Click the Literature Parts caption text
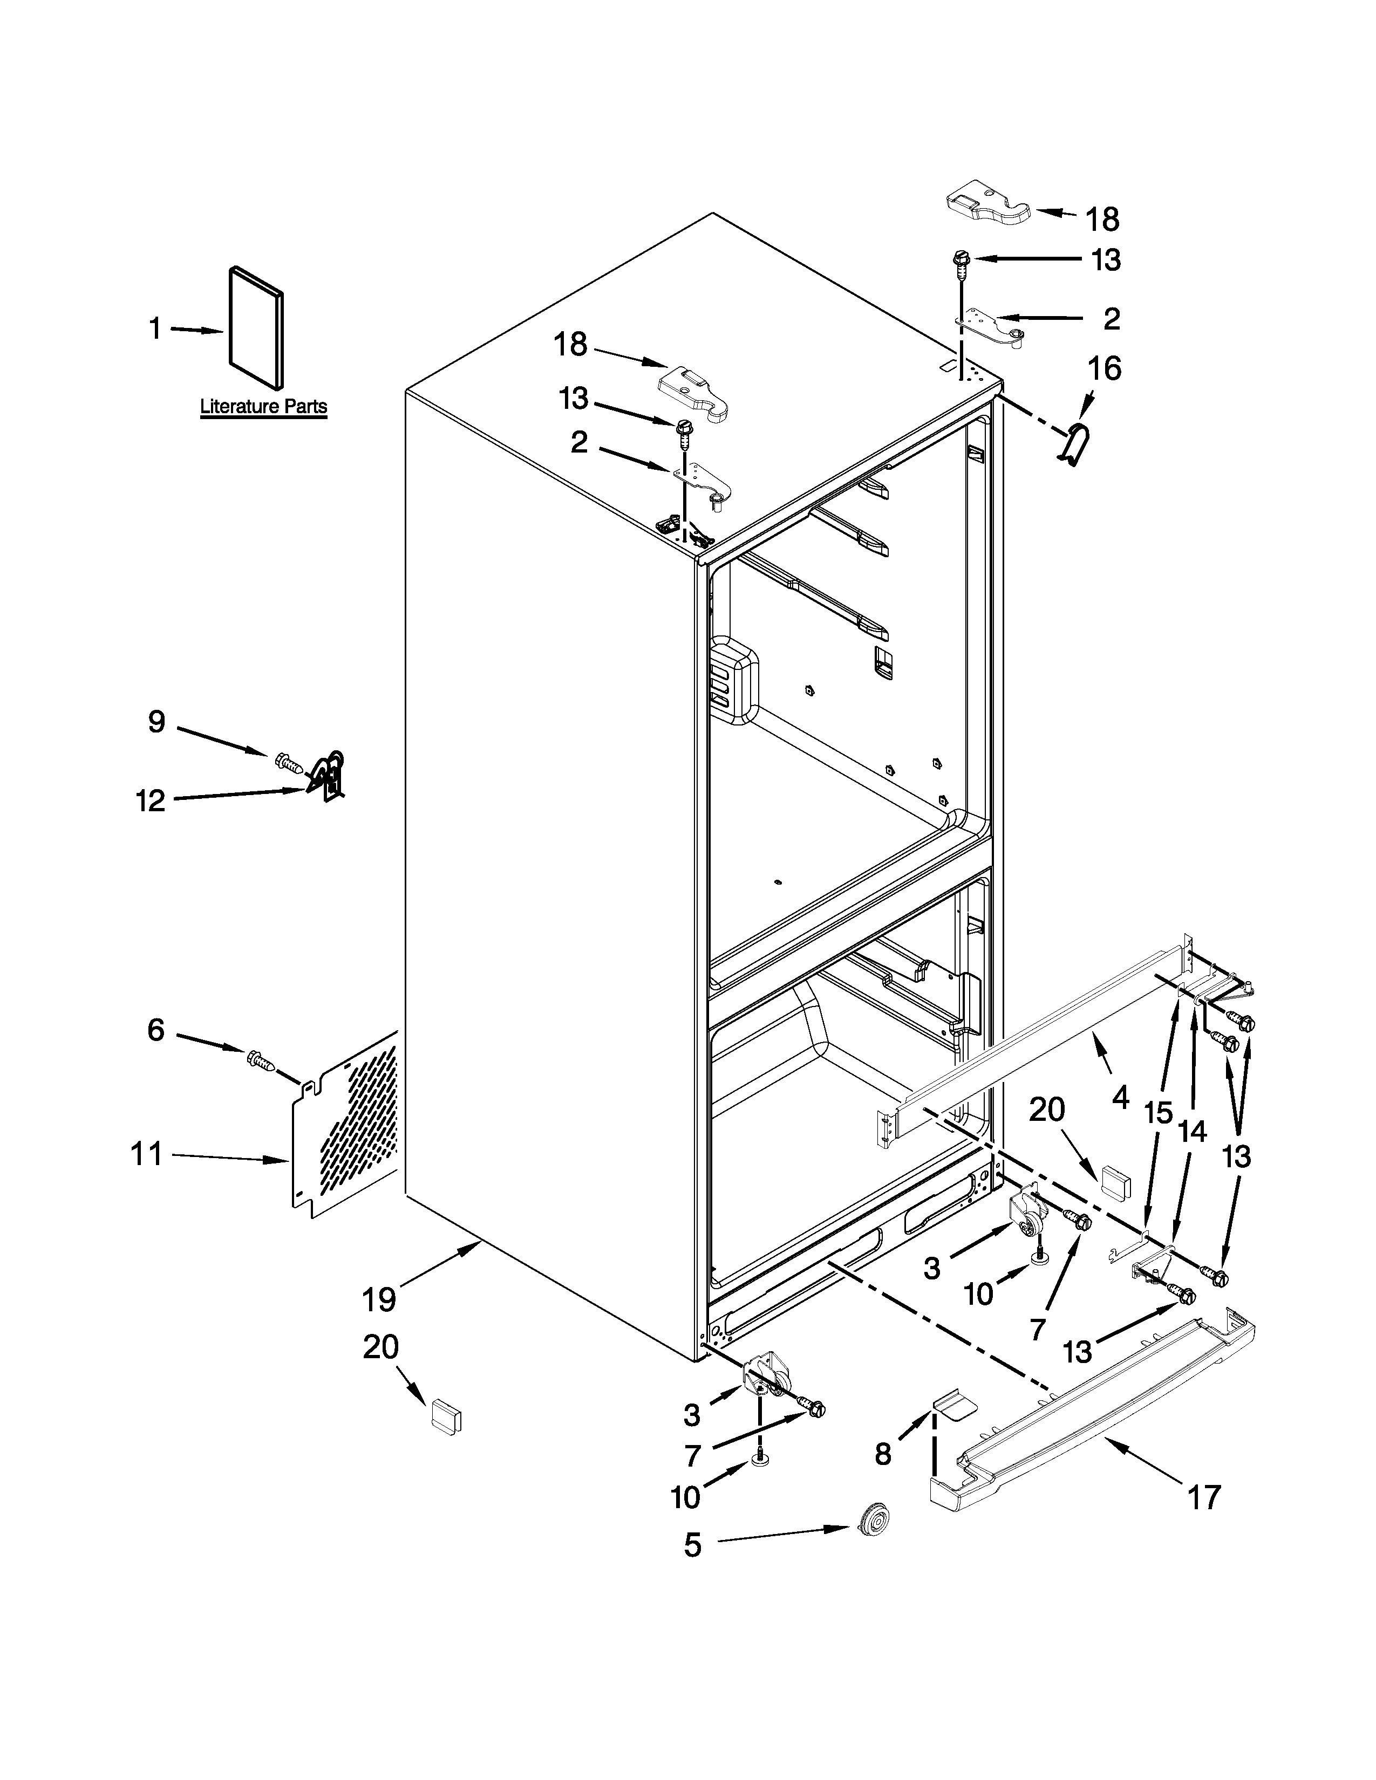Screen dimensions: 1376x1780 click(263, 407)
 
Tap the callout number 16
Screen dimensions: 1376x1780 click(1105, 369)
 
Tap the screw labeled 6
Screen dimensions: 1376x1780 click(259, 1060)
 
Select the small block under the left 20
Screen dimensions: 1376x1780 click(446, 1414)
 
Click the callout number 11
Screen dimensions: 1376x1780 click(147, 1154)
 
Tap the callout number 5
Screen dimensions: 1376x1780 click(692, 1544)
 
